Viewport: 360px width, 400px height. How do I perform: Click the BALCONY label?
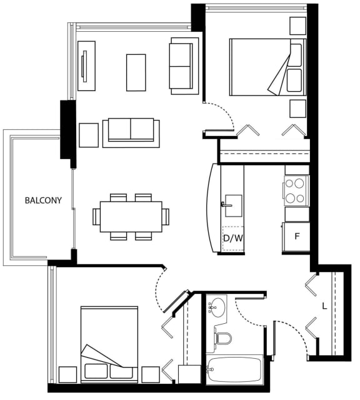point(43,200)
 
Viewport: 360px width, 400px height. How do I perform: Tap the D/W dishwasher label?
point(232,238)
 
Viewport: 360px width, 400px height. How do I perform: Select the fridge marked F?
point(296,237)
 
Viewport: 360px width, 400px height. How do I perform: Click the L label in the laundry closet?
point(324,306)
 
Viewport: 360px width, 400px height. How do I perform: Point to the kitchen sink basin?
point(234,206)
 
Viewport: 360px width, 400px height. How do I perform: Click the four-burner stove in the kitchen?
point(296,190)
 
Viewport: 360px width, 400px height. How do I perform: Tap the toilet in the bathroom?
point(222,338)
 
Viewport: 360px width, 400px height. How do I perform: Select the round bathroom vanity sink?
point(217,308)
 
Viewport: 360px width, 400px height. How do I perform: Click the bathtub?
point(234,369)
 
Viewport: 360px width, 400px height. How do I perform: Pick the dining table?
point(131,217)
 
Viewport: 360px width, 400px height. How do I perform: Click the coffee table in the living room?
point(136,73)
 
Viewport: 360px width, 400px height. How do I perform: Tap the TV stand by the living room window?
point(87,66)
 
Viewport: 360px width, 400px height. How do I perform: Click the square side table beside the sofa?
point(89,135)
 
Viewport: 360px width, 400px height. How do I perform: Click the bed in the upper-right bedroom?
point(267,67)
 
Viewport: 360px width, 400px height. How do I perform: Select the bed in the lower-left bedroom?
point(109,344)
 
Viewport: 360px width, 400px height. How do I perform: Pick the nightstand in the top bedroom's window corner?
point(297,26)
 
